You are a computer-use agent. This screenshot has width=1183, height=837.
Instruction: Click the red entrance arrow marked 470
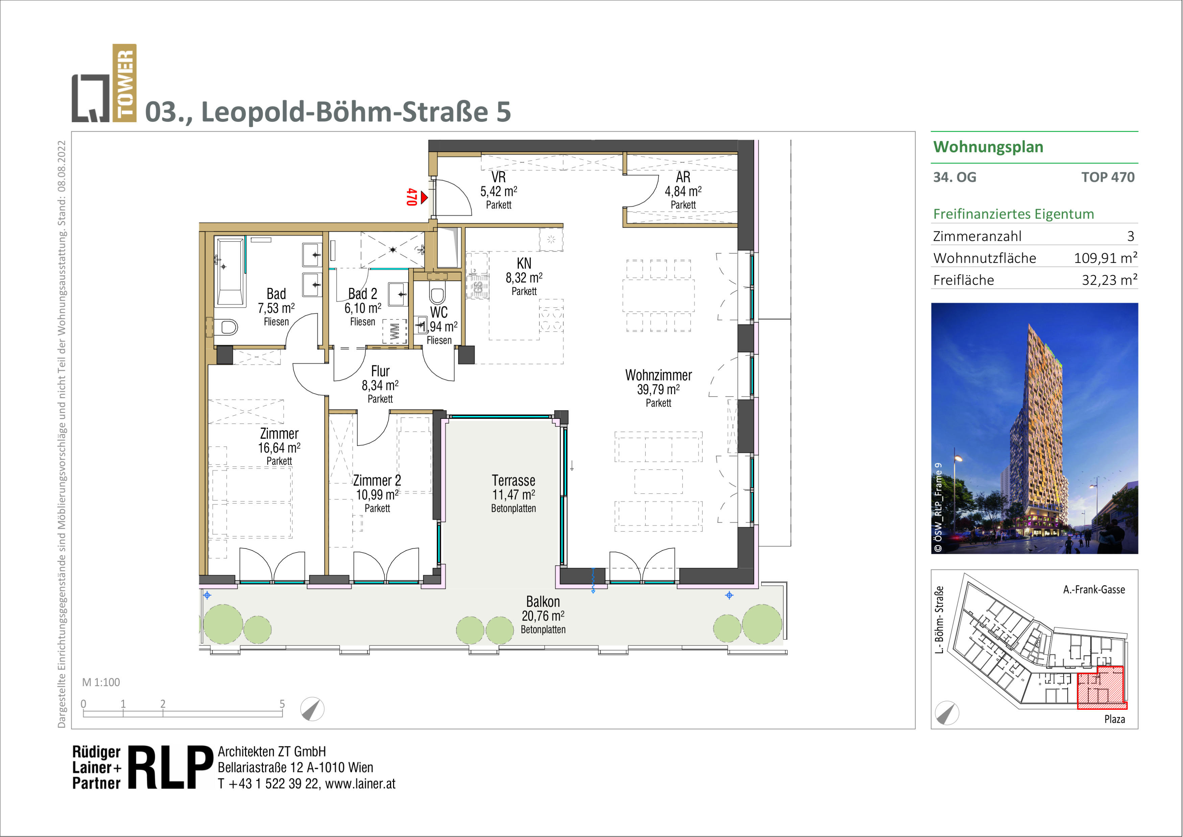click(x=424, y=197)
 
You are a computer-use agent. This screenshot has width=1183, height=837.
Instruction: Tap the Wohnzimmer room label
click(x=658, y=375)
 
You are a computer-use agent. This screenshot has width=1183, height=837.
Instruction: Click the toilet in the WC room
click(x=437, y=295)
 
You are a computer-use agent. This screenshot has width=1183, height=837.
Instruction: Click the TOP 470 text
click(x=1107, y=177)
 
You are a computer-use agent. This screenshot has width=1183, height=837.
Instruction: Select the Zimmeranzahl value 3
click(x=1131, y=236)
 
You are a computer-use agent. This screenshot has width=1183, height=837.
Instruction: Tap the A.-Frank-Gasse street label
click(x=1094, y=589)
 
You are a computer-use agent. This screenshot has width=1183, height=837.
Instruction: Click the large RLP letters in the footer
click(x=170, y=767)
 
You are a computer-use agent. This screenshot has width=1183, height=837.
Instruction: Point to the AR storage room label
click(x=683, y=177)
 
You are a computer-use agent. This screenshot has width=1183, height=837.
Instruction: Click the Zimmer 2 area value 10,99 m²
click(x=377, y=495)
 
